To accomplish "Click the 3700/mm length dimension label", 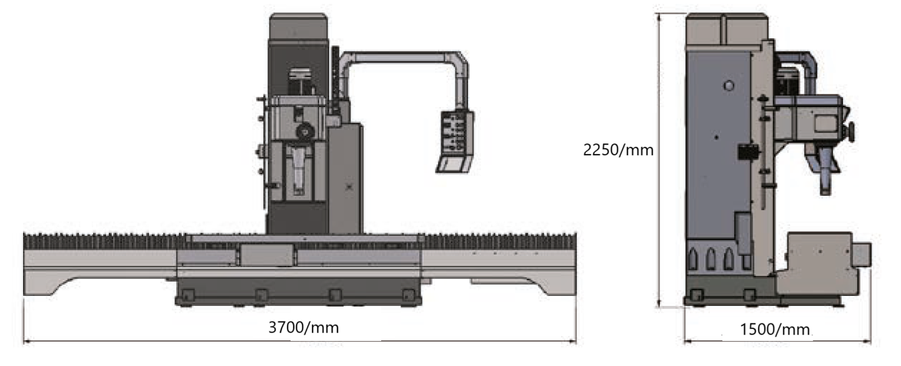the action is click(x=304, y=328).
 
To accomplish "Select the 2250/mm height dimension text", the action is click(x=618, y=150).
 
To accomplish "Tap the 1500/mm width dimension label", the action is click(x=775, y=330).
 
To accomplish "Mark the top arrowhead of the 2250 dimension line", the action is click(x=659, y=18).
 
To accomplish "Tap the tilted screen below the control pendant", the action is click(x=454, y=165).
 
